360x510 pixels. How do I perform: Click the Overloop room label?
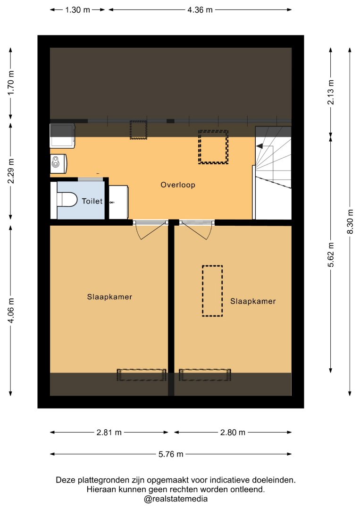coord(178,185)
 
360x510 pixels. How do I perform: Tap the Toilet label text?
coord(92,201)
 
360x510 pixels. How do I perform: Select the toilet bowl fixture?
coord(67,199)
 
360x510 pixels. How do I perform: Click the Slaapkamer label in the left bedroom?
coord(109,297)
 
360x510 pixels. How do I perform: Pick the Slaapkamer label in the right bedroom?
coord(253,301)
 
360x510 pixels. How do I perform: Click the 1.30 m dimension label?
coord(77,10)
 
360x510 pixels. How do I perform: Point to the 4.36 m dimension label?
coord(200,10)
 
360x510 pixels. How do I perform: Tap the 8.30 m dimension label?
coord(350,221)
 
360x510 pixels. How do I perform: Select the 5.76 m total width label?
coord(171,454)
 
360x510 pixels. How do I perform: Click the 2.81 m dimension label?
coord(109,433)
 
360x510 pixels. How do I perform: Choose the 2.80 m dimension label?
coord(233,433)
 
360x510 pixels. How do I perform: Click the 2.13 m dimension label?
coord(331,92)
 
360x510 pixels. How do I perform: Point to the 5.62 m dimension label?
coord(331,255)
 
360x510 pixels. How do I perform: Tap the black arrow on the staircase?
coord(260,146)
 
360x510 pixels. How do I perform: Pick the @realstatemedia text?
coord(176,499)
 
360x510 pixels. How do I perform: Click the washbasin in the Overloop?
coord(59,163)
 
